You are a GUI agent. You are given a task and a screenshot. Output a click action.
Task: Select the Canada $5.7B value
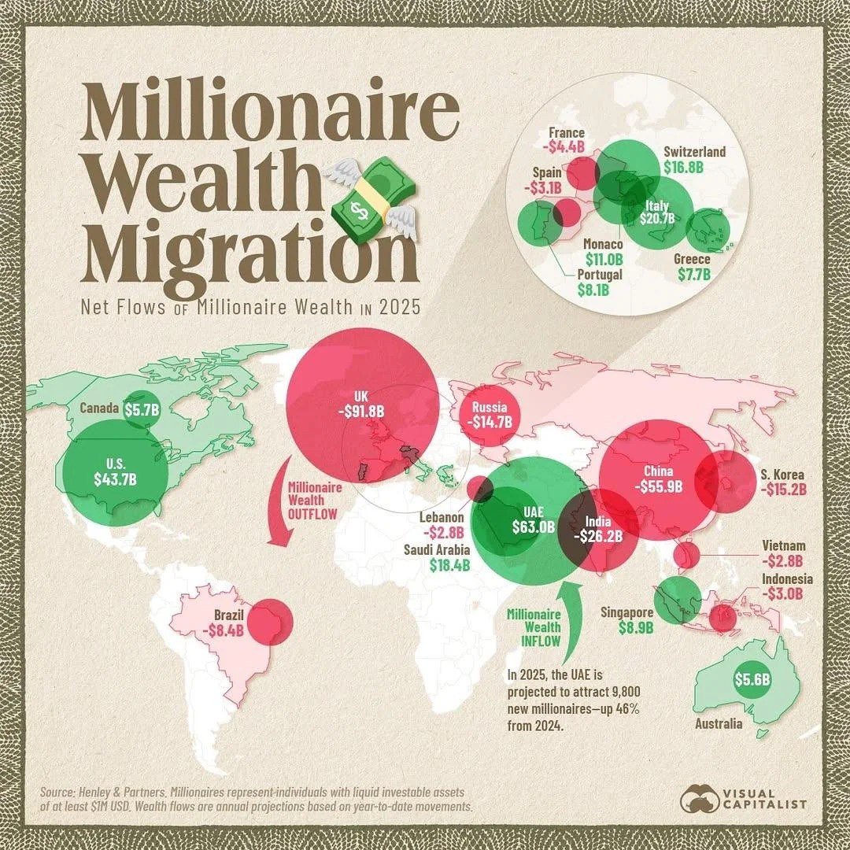point(143,409)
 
